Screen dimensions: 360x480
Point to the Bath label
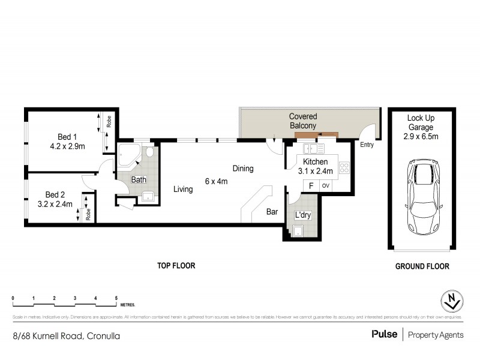[x=139, y=179]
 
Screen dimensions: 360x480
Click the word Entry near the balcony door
[x=367, y=145]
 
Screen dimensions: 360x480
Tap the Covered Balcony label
[x=303, y=121]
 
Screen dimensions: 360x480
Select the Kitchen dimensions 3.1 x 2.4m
[x=317, y=171]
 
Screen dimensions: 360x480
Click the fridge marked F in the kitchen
[x=311, y=185]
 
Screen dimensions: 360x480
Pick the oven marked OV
[x=326, y=185]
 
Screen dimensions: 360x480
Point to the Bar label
[x=272, y=211]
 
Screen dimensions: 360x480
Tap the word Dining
[x=244, y=169]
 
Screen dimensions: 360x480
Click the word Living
[x=183, y=190]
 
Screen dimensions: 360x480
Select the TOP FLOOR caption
[x=176, y=265]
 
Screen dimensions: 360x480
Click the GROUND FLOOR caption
[x=422, y=265]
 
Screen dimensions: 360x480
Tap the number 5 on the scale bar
[x=116, y=298]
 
